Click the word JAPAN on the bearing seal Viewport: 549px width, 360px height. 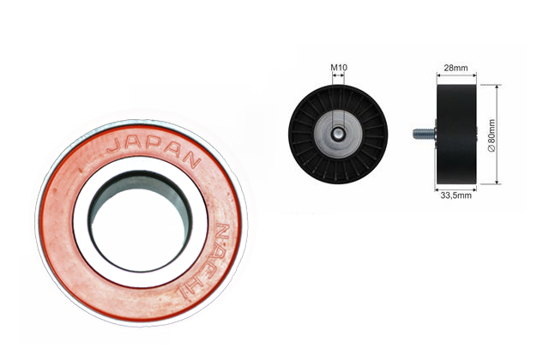(154, 149)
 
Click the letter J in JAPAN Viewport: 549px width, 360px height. (113, 145)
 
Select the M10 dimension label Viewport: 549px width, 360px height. (339, 67)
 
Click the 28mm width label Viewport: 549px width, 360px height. (455, 68)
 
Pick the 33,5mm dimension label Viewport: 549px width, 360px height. (455, 195)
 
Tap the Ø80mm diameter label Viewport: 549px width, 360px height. (492, 135)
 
